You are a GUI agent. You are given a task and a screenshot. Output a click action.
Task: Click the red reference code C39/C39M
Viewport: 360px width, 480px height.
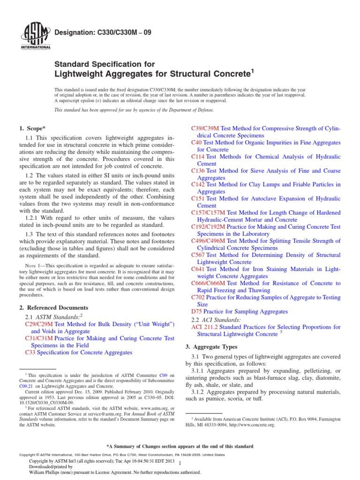tap(205, 128)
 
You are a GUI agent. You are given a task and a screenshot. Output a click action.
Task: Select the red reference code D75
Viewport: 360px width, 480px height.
tap(197, 311)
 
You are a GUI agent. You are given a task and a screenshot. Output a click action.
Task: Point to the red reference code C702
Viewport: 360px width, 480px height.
tap(199, 297)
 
